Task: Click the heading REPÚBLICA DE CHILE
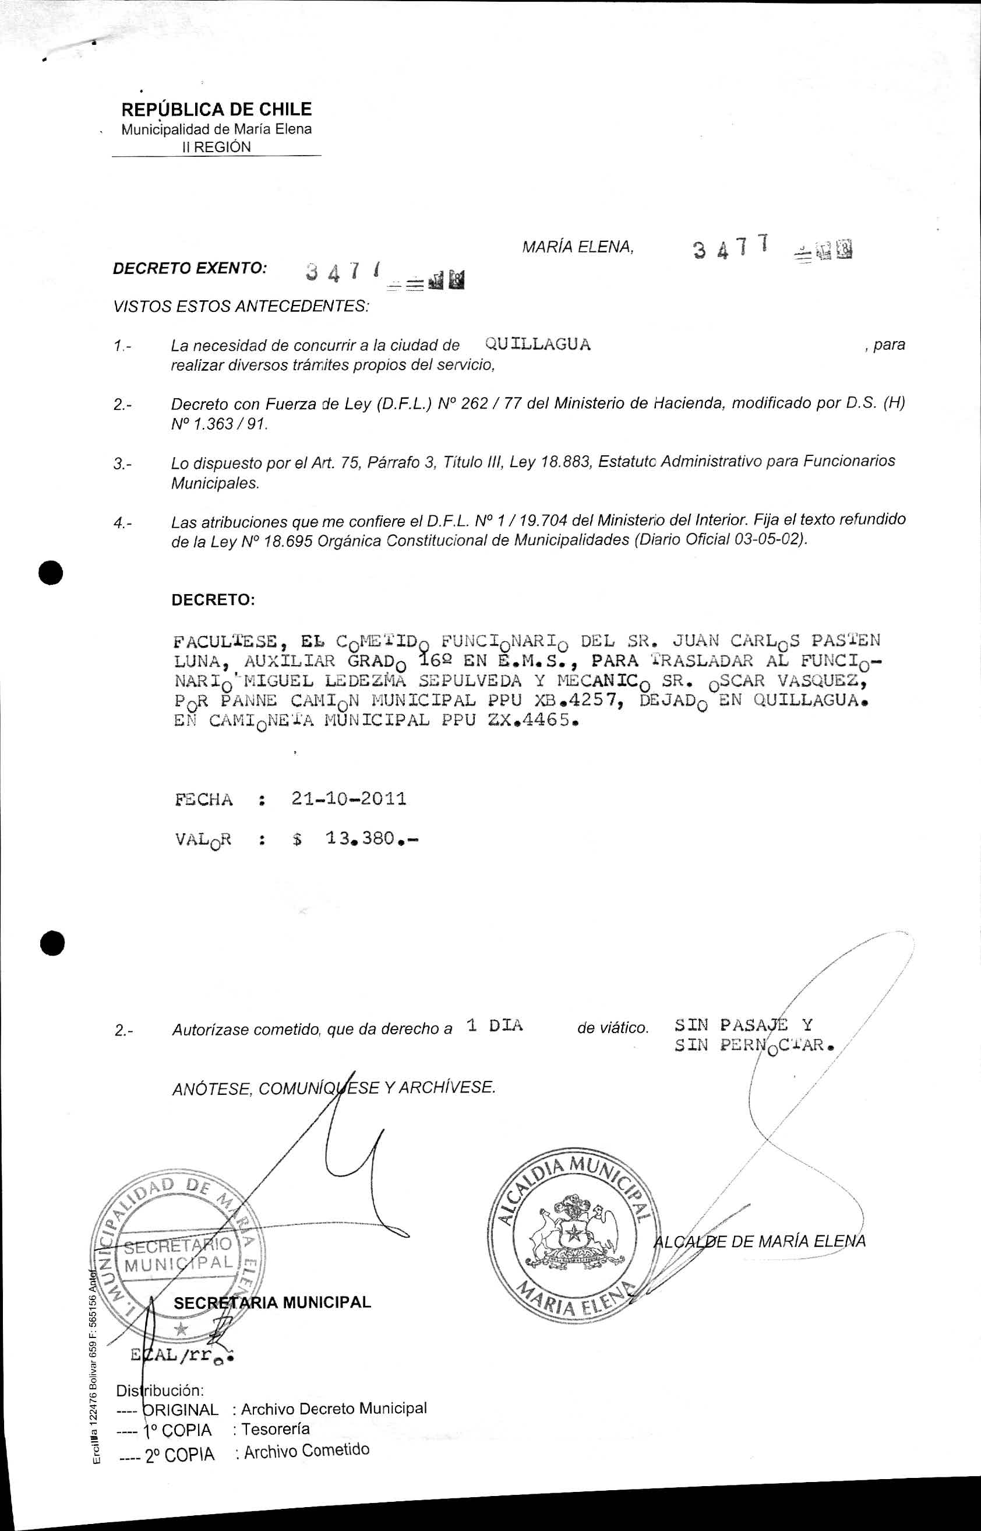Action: (x=216, y=109)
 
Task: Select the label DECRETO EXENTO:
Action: (x=190, y=268)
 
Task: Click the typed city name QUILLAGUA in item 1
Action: (x=538, y=345)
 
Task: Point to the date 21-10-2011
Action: (x=348, y=799)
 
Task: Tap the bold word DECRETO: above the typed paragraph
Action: (x=213, y=600)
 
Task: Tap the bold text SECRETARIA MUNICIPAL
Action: (x=272, y=1302)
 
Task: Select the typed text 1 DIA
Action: (x=495, y=1026)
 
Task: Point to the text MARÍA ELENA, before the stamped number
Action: (x=578, y=247)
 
